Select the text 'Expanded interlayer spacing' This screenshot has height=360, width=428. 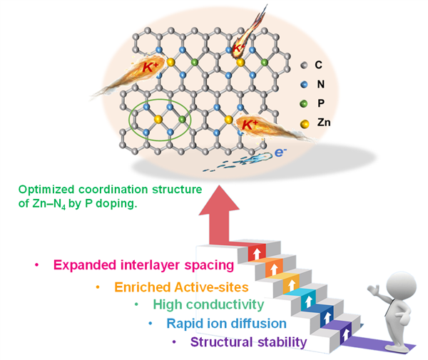click(143, 266)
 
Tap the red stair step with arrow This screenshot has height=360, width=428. click(255, 253)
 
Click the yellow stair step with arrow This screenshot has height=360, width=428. click(290, 284)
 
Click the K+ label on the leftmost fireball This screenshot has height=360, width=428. click(151, 68)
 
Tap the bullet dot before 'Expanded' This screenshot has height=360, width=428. click(36, 266)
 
